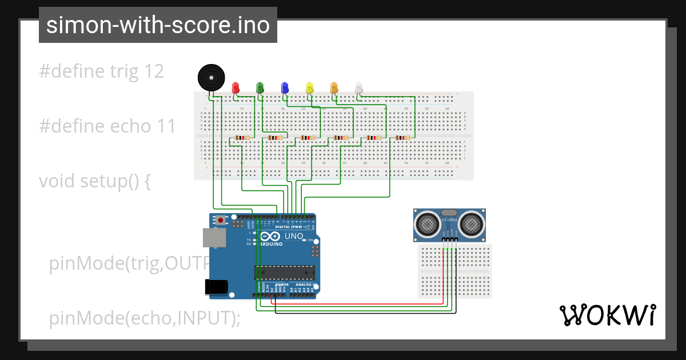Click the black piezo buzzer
pyautogui.click(x=210, y=77)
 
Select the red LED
pyautogui.click(x=236, y=87)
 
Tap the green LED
pyautogui.click(x=260, y=87)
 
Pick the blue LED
pyautogui.click(x=285, y=87)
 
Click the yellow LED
pyautogui.click(x=309, y=87)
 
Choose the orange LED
pyautogui.click(x=334, y=87)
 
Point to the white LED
pyautogui.click(x=358, y=87)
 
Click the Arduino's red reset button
pyautogui.click(x=221, y=219)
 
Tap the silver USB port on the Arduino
pyautogui.click(x=214, y=238)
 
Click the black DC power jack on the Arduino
pyautogui.click(x=216, y=286)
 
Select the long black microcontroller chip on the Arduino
pyautogui.click(x=284, y=273)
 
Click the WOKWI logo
pyautogui.click(x=607, y=315)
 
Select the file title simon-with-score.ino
pyautogui.click(x=158, y=25)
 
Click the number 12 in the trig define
pyautogui.click(x=154, y=71)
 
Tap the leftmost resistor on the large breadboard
pyautogui.click(x=243, y=138)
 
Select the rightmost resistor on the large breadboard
pyautogui.click(x=402, y=138)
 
